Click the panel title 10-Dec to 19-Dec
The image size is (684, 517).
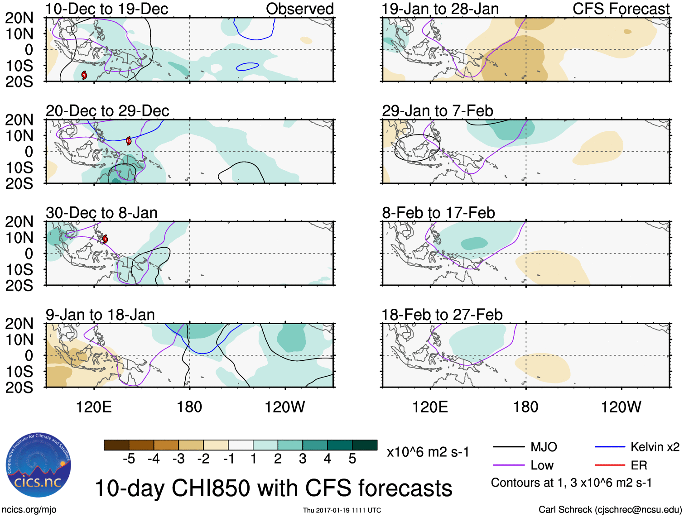pyautogui.click(x=107, y=9)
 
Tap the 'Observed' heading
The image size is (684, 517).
pyautogui.click(x=299, y=9)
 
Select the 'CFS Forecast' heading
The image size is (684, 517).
pyautogui.click(x=621, y=9)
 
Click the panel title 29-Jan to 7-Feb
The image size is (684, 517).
pyautogui.click(x=437, y=111)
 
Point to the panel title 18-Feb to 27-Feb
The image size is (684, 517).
pyautogui.click(x=442, y=315)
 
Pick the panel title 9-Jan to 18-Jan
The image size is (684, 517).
pyautogui.click(x=100, y=315)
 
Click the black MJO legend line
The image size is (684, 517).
pyautogui.click(x=509, y=447)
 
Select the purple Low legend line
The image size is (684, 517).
pyautogui.click(x=509, y=465)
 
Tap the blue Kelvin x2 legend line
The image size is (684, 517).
pyautogui.click(x=610, y=447)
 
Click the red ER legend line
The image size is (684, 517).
pyautogui.click(x=610, y=465)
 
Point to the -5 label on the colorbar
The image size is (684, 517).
pyautogui.click(x=129, y=459)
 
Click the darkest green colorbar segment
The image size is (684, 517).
pyautogui.click(x=365, y=445)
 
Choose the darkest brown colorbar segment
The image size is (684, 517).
pyautogui.click(x=116, y=445)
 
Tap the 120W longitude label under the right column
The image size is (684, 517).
pyautogui.click(x=621, y=407)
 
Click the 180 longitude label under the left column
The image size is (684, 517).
pyautogui.click(x=189, y=407)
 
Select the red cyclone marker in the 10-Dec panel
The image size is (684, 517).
pyautogui.click(x=84, y=75)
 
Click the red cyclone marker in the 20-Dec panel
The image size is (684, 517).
pyautogui.click(x=129, y=141)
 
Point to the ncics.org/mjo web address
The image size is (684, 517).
pyautogui.click(x=29, y=510)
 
